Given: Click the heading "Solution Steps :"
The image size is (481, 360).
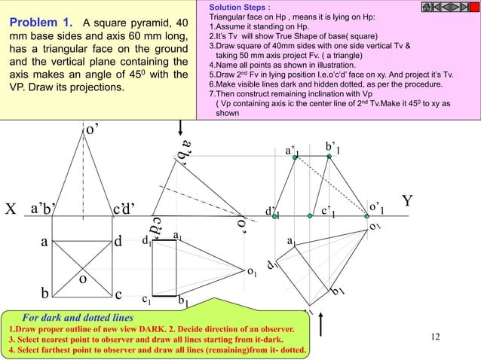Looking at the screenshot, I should point(234,7).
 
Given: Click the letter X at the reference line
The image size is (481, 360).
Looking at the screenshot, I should point(11,209).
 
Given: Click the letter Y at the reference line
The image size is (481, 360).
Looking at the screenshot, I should point(406,202).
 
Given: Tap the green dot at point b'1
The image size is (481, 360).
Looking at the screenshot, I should point(329,157).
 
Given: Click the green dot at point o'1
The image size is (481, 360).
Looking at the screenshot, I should point(364,216).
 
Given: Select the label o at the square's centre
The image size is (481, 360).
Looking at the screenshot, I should point(84,278).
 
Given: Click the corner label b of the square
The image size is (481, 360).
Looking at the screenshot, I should point(45,293).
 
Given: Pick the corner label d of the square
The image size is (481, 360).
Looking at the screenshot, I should point(118,243).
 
